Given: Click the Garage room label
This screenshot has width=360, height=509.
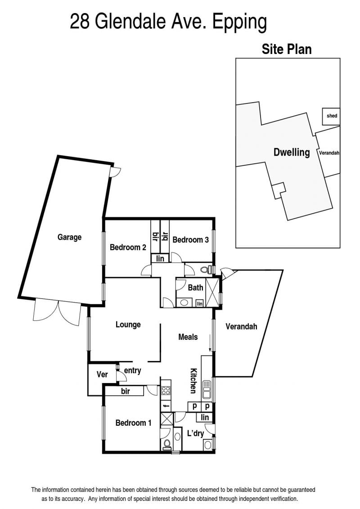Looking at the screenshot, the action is [69, 237].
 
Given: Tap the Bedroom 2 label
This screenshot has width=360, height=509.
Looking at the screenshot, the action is [128, 248].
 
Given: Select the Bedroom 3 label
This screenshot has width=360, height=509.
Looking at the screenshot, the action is [190, 240].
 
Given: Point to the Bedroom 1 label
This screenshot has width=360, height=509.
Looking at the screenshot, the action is [133, 423].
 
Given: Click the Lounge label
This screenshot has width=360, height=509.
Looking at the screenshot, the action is [128, 324].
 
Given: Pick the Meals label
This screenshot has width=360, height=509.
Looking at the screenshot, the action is [188, 337].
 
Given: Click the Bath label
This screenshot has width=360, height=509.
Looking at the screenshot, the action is [195, 287].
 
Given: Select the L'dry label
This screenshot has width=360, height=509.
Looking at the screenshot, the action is [195, 433].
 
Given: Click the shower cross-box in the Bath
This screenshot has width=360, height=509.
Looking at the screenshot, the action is [212, 292].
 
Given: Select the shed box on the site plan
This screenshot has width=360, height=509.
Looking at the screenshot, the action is [331, 116].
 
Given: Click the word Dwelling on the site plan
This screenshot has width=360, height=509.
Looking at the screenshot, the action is [292, 152].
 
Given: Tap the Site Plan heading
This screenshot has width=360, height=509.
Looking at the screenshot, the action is [287, 50].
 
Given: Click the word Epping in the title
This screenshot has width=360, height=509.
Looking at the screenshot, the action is [240, 23].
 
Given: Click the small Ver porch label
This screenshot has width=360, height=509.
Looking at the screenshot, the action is [102, 374].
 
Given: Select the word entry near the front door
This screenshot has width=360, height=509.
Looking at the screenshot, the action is [132, 371].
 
